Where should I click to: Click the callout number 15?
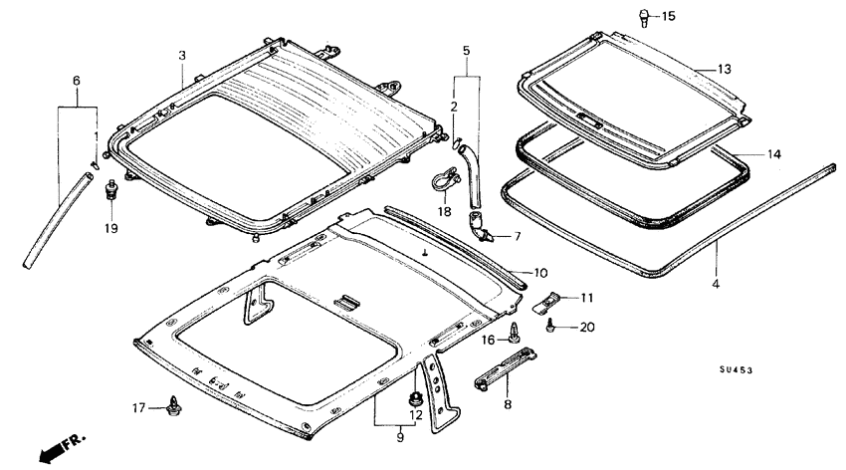pyautogui.click(x=668, y=16)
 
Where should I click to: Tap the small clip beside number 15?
pyautogui.click(x=644, y=18)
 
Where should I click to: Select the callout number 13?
pyautogui.click(x=724, y=69)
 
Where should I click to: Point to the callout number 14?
pyautogui.click(x=773, y=154)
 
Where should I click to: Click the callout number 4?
pyautogui.click(x=716, y=284)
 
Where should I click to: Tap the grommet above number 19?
pyautogui.click(x=111, y=189)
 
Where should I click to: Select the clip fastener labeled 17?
pyautogui.click(x=174, y=406)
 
